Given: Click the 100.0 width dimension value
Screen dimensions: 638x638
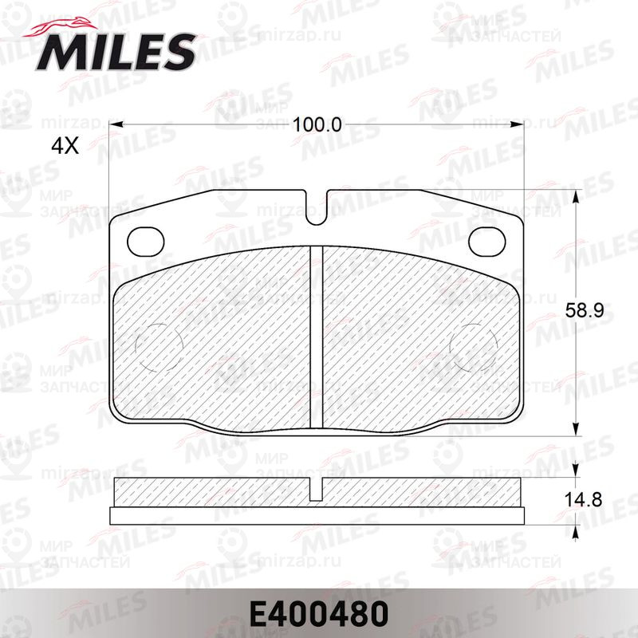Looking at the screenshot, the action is (x=317, y=124).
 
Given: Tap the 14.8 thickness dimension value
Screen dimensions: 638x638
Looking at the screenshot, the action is (x=583, y=500).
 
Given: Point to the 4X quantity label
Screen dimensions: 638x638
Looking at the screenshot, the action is (x=65, y=146).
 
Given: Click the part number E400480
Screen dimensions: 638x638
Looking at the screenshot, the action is (x=318, y=614).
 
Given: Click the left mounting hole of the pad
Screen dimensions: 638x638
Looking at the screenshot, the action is (x=146, y=242).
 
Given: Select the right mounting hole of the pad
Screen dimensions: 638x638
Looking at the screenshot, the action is (x=487, y=242).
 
